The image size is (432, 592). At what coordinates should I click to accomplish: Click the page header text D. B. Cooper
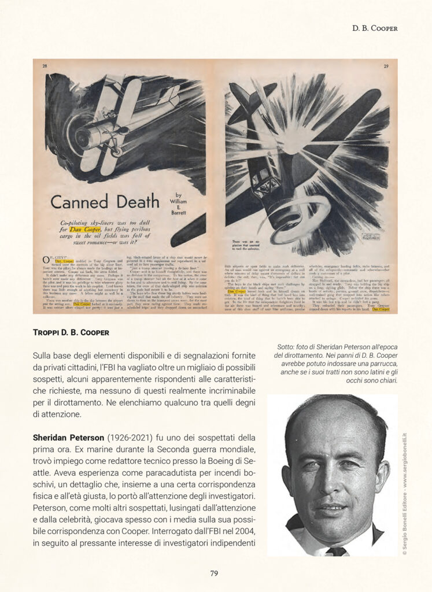pyautogui.click(x=375, y=28)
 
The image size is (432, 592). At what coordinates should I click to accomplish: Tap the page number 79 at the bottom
pyautogui.click(x=213, y=573)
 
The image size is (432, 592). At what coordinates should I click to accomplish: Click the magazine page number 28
pyautogui.click(x=45, y=66)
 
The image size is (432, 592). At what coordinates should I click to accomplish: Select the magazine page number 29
pyautogui.click(x=386, y=66)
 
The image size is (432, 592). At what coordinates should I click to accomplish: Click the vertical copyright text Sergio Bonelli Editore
pyautogui.click(x=405, y=491)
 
